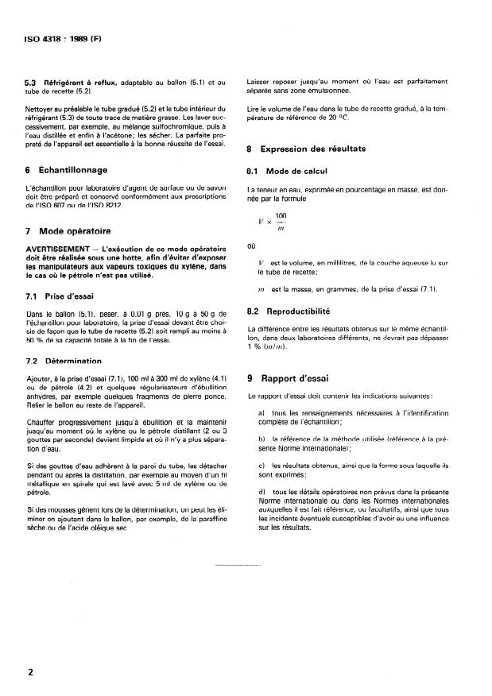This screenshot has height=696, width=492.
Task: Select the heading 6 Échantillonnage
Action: pos(72,170)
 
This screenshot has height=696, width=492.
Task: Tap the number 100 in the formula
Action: pos(281,215)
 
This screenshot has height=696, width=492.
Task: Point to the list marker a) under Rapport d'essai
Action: pos(261,415)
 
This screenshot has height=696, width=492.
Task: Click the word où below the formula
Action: pos(252,246)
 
